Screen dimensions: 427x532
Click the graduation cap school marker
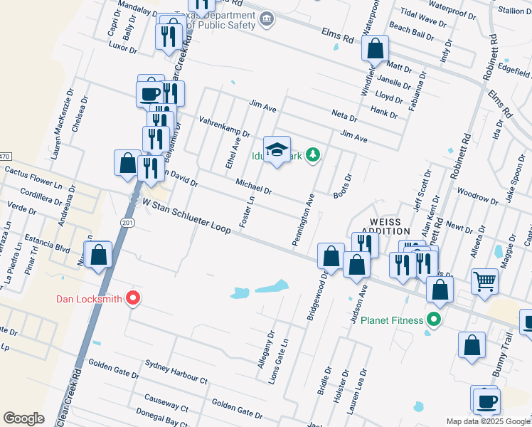tap(277, 149)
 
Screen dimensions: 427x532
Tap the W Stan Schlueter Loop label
tap(186, 216)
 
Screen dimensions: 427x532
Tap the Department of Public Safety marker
tap(267, 19)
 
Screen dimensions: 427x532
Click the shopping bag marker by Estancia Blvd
tap(98, 254)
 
